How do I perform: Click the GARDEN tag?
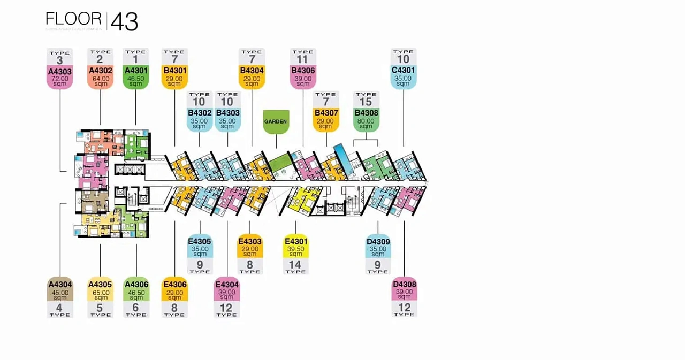coord(276,121)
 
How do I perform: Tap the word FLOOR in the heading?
coord(73,19)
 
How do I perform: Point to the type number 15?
coord(366,102)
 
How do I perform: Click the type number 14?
coord(295,264)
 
